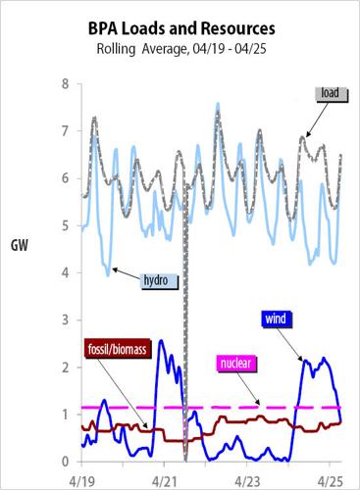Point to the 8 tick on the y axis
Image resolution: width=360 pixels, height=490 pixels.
(x=65, y=84)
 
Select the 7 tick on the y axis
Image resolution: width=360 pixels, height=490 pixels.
(x=65, y=131)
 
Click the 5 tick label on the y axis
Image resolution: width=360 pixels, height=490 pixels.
(x=65, y=225)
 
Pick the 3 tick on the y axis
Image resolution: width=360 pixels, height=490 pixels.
(x=65, y=319)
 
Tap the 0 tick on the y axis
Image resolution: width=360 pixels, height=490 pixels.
(x=65, y=462)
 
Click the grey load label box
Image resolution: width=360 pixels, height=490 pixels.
(x=328, y=93)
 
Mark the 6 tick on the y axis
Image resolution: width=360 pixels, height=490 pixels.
(x=65, y=178)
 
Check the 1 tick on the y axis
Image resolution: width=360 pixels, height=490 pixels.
(x=65, y=415)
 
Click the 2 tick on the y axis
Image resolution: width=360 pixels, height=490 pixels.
(x=65, y=367)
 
